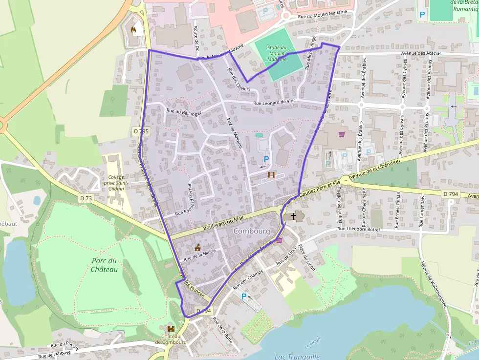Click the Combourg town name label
point(252,231)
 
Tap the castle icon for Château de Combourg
point(171,329)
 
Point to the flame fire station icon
point(133,30)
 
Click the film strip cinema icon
point(271,174)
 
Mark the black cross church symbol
point(294,215)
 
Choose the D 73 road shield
point(86,198)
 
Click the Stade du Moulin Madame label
point(277,53)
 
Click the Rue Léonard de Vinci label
point(275,102)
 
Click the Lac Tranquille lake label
point(297,357)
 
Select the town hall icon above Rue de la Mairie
point(197,248)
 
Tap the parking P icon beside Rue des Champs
point(243,296)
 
